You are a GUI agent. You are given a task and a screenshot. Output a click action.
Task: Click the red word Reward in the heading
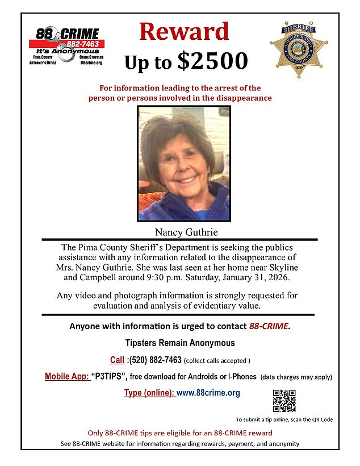tap(184, 32)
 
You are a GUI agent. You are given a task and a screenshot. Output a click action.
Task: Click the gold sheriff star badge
tap(299, 51)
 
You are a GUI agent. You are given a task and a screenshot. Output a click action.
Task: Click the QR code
tap(284, 401)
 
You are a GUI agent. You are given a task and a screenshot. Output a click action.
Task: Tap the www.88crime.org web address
tap(208, 393)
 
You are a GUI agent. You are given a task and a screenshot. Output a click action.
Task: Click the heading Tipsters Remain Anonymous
tap(179, 343)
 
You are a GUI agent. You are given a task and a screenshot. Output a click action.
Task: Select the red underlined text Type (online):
tap(149, 393)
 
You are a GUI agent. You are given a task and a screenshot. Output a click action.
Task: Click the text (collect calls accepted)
tap(217, 360)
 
